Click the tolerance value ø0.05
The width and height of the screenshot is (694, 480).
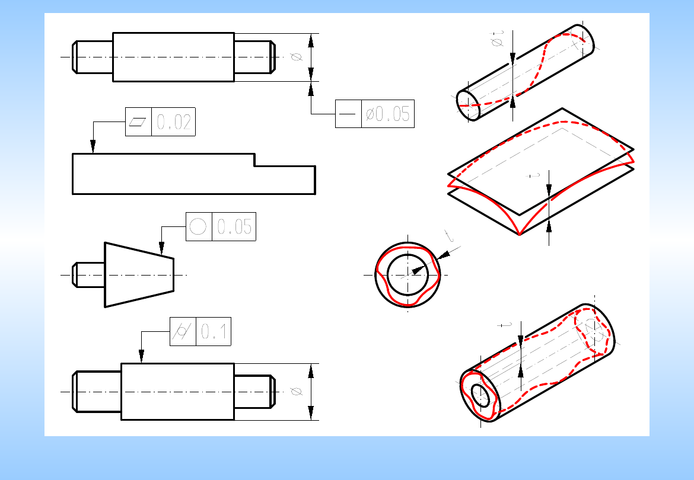[x=388, y=114]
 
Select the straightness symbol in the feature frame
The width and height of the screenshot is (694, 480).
[x=348, y=114]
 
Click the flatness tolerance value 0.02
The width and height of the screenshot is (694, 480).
[x=173, y=122]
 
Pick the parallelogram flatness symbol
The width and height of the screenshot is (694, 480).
[x=138, y=121]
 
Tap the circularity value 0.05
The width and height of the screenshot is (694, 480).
[x=234, y=227]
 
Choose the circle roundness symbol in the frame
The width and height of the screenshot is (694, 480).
[x=198, y=227]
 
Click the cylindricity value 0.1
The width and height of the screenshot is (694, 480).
[x=214, y=331]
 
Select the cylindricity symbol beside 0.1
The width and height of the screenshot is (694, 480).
[x=183, y=331]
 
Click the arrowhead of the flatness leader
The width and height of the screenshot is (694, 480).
[x=93, y=147]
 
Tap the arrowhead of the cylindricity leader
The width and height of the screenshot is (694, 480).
[x=142, y=356]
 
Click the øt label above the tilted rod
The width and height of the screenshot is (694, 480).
[x=498, y=39]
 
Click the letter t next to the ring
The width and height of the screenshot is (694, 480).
[x=450, y=236]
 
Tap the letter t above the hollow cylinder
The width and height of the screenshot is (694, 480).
[x=505, y=325]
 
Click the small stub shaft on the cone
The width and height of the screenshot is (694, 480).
[x=88, y=275]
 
